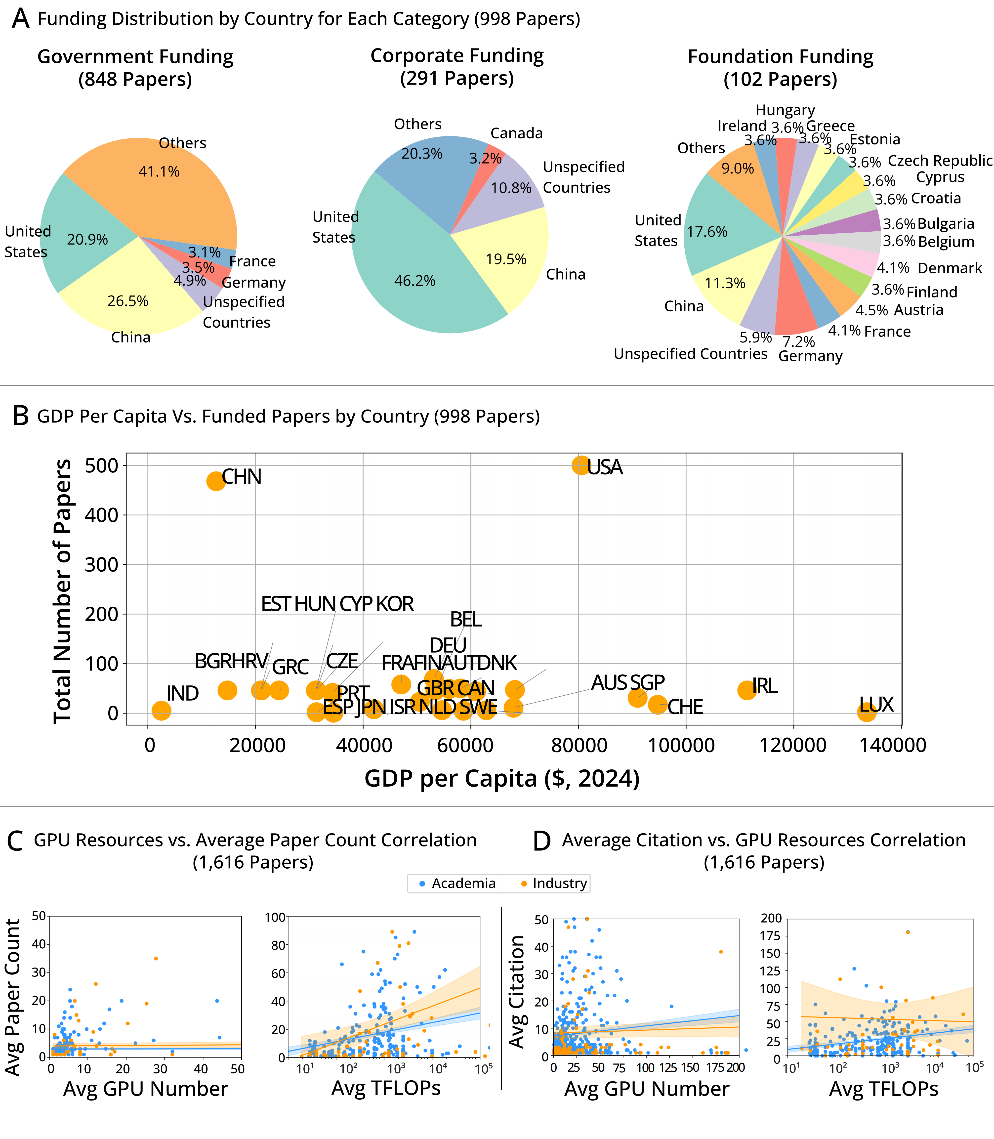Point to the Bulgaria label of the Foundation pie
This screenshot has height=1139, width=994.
pyautogui.click(x=946, y=224)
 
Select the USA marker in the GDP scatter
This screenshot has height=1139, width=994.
pyautogui.click(x=580, y=465)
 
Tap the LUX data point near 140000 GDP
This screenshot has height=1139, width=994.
pyautogui.click(x=867, y=712)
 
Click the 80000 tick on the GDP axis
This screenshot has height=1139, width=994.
pyautogui.click(x=579, y=745)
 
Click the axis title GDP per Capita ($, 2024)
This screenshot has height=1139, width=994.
pyautogui.click(x=502, y=778)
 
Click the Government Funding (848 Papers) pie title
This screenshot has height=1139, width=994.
pyautogui.click(x=135, y=68)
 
